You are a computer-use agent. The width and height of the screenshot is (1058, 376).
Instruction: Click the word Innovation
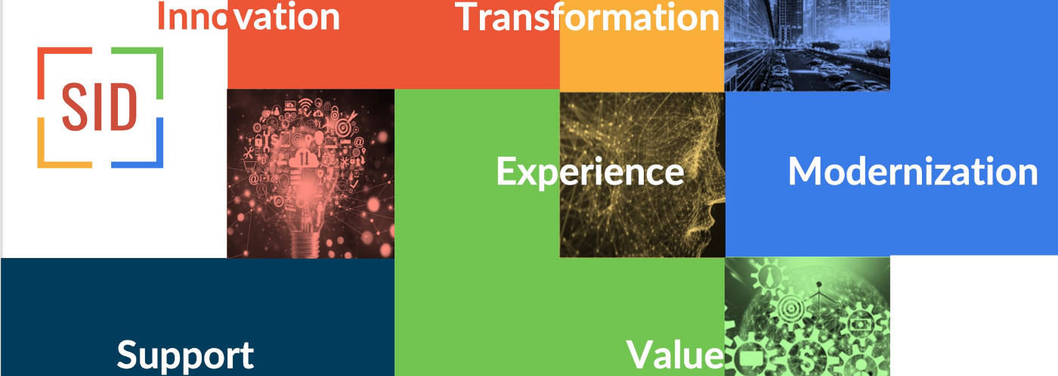click(x=249, y=17)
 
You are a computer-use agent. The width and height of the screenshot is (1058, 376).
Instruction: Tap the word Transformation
click(x=587, y=17)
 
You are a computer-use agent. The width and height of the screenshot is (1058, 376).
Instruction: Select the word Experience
click(x=589, y=172)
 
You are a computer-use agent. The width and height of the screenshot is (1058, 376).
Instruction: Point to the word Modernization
click(x=912, y=172)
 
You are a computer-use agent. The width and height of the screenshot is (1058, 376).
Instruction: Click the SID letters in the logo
click(x=99, y=107)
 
